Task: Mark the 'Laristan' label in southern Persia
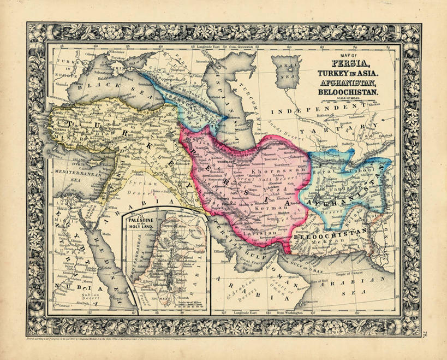(269, 233)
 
